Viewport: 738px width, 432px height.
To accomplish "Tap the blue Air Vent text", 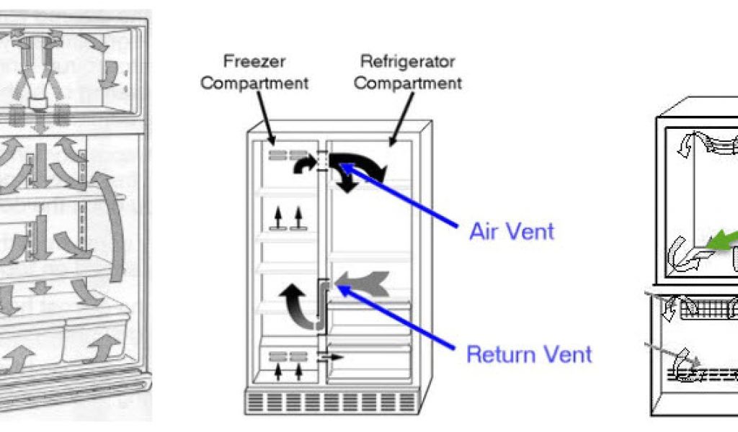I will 512,231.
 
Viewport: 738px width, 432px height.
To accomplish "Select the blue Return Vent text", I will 530,354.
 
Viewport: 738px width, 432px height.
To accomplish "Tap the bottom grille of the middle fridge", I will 332,402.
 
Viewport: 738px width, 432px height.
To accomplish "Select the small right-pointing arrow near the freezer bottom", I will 332,356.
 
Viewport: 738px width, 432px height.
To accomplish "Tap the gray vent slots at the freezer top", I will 282,154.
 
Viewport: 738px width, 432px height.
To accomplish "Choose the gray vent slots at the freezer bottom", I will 282,356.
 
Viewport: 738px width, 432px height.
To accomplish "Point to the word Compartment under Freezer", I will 254,83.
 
